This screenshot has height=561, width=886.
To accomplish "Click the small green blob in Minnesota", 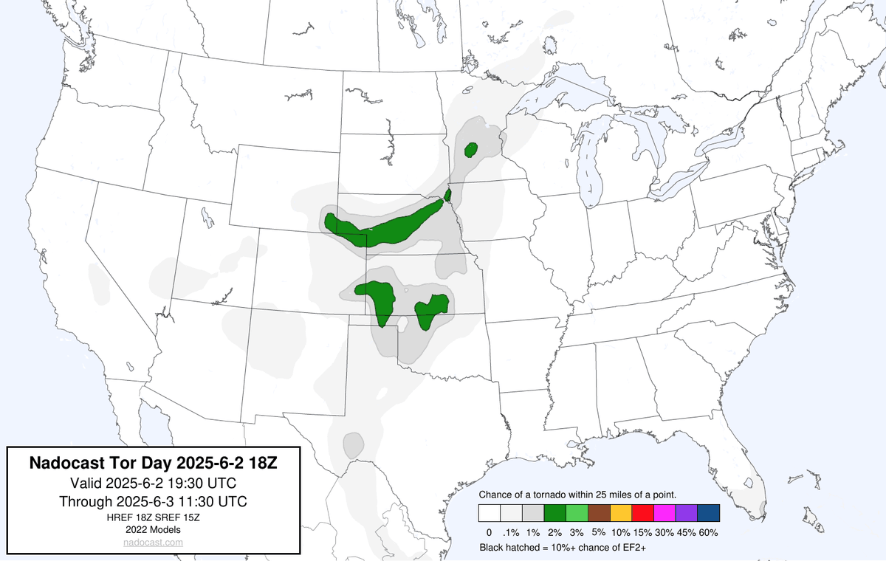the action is point(471,150).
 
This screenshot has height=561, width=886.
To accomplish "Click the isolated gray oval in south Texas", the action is point(353,444).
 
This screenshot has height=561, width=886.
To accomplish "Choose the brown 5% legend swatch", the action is point(599,512).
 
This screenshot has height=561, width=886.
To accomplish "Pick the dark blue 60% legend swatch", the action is point(707,512).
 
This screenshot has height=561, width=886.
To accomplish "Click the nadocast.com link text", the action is point(153,543).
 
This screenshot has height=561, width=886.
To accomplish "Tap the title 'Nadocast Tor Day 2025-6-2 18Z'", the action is point(153,464).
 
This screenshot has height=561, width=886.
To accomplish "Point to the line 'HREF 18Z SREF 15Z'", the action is point(153,517).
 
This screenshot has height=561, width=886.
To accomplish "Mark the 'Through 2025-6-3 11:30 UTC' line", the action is point(153,501).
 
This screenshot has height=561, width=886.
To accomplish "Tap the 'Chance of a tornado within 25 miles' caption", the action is point(574,494).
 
